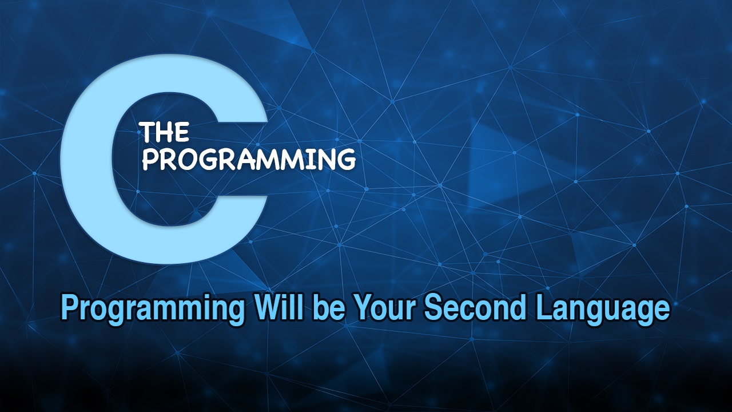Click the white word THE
[x=165, y=133]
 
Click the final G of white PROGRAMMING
[x=344, y=159]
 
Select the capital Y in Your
[x=362, y=307]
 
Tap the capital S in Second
[x=433, y=308]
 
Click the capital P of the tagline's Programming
[x=69, y=308]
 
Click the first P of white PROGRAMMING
[x=150, y=159]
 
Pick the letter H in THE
[x=165, y=133]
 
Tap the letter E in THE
[x=181, y=133]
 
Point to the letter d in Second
[x=518, y=308]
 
